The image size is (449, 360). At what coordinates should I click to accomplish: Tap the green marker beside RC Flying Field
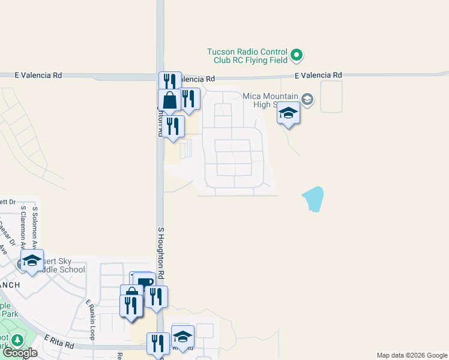pos(296,56)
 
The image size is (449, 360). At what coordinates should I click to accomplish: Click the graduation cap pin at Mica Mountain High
pos(288,113)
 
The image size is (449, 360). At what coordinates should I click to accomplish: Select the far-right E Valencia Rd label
pos(319,75)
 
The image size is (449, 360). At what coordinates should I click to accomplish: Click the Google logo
pos(20,353)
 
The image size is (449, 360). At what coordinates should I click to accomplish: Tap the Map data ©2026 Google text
pos(412,355)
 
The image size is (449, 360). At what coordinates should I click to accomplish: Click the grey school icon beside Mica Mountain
pos(307,99)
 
